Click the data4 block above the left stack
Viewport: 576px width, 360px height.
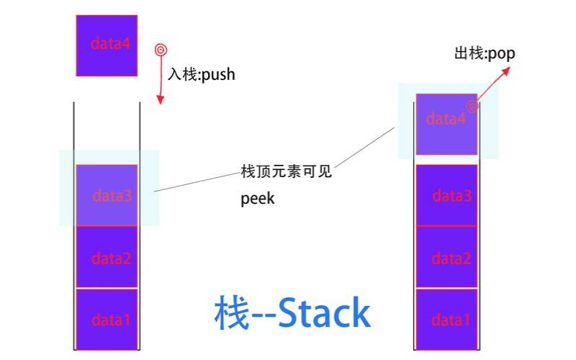coord(107,45)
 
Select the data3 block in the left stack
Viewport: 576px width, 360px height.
coord(107,194)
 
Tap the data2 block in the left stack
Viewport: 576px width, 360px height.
coord(107,257)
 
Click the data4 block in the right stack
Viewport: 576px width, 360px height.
coord(446,124)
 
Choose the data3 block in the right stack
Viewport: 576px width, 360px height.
coord(446,195)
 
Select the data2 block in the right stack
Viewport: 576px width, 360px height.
coord(446,257)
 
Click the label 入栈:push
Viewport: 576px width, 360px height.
coord(202,74)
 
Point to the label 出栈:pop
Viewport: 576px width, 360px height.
coord(485,53)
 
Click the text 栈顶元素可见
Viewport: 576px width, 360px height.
coord(286,172)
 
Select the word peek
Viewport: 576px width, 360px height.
coord(257,199)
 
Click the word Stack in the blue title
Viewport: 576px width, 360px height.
coord(324,313)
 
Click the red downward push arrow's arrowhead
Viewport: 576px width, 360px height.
coord(161,100)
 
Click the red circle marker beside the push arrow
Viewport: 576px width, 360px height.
coord(161,50)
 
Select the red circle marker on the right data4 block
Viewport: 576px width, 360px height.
coord(472,107)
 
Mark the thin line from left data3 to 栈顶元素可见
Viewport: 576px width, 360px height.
coord(198,182)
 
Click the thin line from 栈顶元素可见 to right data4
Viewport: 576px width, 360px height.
coord(364,148)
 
